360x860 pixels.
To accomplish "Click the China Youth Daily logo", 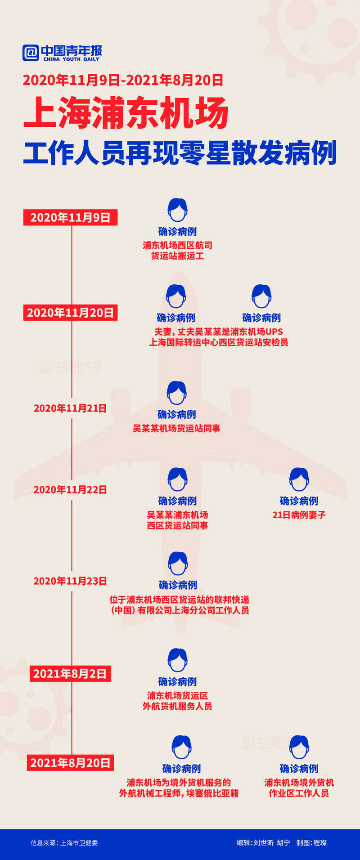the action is [63, 53].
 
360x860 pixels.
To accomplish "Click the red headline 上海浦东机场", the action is [126, 112].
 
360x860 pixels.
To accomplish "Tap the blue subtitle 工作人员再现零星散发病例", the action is [180, 153].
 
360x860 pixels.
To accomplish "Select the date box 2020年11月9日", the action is [70, 217].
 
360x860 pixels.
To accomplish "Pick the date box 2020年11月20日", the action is [70, 313].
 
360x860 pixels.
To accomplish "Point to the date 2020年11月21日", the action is [70, 408].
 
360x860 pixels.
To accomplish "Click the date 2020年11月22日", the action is [70, 490].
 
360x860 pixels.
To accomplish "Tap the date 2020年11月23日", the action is [70, 581].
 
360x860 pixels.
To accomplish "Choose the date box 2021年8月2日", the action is [70, 674].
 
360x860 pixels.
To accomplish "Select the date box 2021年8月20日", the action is [70, 763].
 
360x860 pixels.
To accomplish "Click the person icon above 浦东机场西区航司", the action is [178, 210].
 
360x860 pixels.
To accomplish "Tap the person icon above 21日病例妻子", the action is [299, 479].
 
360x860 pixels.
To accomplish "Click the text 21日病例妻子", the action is [299, 515].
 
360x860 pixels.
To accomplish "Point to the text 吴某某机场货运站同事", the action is [176, 428].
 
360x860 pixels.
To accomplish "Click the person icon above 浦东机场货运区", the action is [178, 660].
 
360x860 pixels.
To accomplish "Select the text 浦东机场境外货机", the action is [299, 783].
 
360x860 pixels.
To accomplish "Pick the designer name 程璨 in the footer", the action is [320, 843].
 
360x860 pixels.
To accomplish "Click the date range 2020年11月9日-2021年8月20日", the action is [123, 80].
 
